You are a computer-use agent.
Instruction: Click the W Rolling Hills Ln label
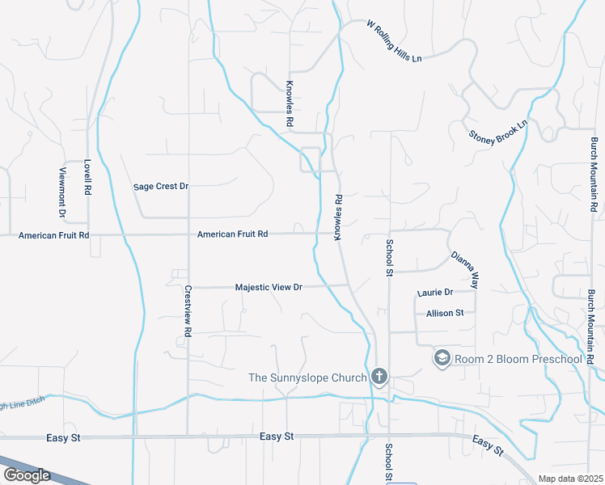click(395, 42)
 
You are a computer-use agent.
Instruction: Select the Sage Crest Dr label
click(161, 187)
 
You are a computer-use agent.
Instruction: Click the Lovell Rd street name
click(87, 177)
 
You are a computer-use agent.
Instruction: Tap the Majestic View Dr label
click(269, 287)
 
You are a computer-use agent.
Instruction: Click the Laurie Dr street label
click(435, 293)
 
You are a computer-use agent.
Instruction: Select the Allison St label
click(445, 313)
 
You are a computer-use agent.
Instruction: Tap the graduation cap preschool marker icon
click(442, 357)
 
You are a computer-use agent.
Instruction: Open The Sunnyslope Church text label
click(307, 377)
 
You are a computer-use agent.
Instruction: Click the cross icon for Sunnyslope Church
click(379, 376)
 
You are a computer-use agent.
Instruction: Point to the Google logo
click(27, 475)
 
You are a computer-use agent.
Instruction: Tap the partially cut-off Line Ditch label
click(19, 405)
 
